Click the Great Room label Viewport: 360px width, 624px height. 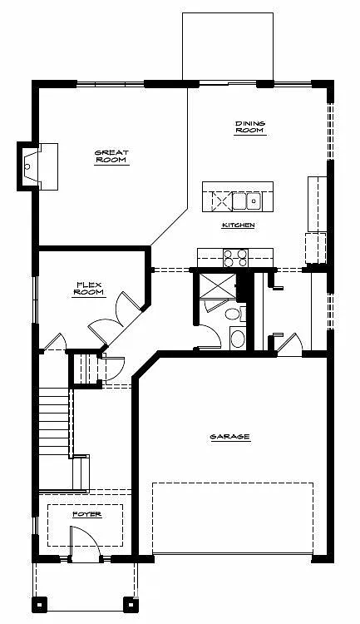coord(111,156)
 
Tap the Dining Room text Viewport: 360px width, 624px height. coord(249,126)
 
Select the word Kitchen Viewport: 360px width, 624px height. coord(238,225)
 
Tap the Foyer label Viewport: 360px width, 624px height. coord(86,514)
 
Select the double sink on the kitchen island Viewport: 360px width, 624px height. coord(248,201)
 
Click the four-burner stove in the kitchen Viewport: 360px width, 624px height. coord(235,257)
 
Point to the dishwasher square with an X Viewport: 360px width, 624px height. coord(219,201)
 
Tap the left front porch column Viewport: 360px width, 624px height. coord(38,603)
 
